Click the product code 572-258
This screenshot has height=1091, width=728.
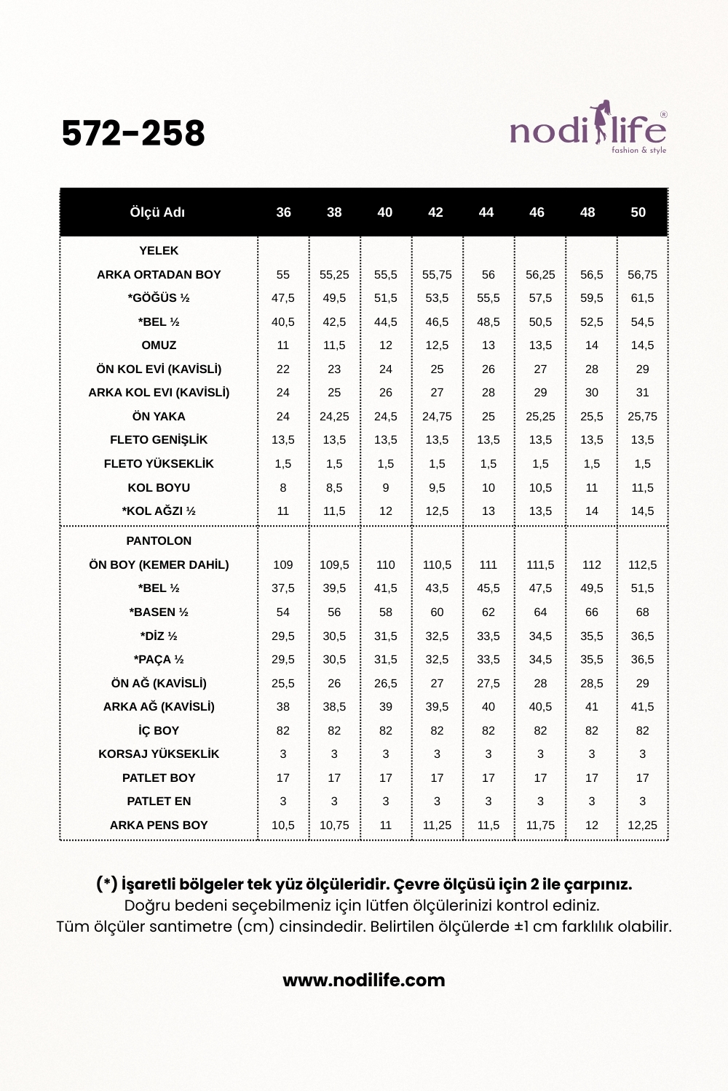pos(133,133)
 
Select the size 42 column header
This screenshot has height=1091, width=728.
pos(435,212)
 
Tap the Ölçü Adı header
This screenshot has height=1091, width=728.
pos(157,212)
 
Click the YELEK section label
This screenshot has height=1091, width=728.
pos(159,251)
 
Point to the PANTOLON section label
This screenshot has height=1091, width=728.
pos(159,541)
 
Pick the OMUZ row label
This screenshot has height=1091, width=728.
pos(159,345)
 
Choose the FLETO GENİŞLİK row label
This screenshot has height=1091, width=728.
pos(159,440)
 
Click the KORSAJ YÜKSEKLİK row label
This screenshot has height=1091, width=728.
pos(159,754)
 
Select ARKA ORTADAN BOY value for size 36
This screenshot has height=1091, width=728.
pos(283,275)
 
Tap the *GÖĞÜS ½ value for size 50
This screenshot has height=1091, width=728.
pos(642,298)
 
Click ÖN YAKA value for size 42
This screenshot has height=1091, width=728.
pos(437,417)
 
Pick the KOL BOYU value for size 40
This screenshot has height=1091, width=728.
pos(386,488)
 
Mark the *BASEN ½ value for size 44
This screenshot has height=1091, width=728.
pos(488,612)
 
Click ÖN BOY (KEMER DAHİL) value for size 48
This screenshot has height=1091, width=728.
pos(592,565)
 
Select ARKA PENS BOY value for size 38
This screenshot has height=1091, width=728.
pos(334,826)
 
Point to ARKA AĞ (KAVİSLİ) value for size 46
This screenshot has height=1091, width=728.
pos(540,707)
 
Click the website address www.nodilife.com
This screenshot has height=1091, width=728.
pos(364,980)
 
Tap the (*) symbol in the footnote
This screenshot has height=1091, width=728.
pos(107,884)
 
